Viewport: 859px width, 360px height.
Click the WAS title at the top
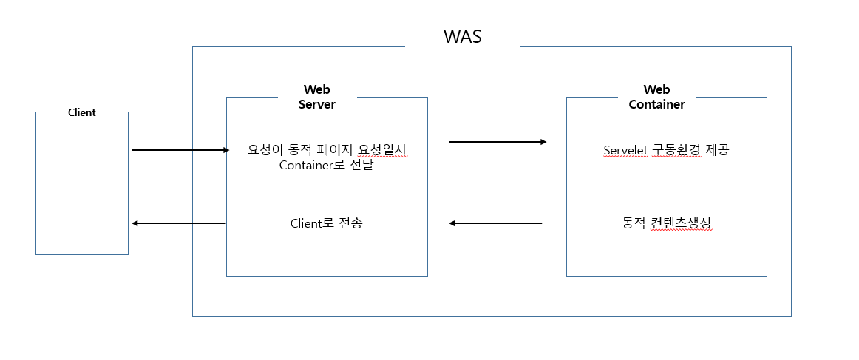coord(462,37)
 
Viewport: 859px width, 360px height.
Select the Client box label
coord(82,112)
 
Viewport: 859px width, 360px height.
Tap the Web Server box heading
coord(316,98)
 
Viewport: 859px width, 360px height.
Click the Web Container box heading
coord(656,98)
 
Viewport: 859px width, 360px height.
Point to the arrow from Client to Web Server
coord(180,150)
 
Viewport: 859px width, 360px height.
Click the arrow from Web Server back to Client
coord(178,223)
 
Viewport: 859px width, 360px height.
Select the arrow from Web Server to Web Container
coord(497,141)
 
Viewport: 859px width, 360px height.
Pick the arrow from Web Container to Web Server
coord(495,223)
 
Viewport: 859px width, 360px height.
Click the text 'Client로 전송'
coord(326,223)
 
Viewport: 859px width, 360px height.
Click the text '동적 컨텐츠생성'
coord(667,223)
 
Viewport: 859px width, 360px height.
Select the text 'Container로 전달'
coord(326,165)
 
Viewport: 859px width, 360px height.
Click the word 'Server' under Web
coord(316,105)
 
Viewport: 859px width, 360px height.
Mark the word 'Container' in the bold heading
coord(656,105)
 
